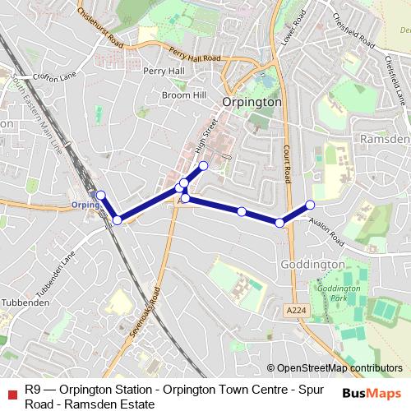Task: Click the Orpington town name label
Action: pos(252,102)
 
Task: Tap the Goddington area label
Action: pos(312,265)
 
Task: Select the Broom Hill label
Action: pos(183,95)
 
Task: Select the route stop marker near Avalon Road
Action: pos(310,205)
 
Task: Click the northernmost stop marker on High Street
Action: pos(203,165)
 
